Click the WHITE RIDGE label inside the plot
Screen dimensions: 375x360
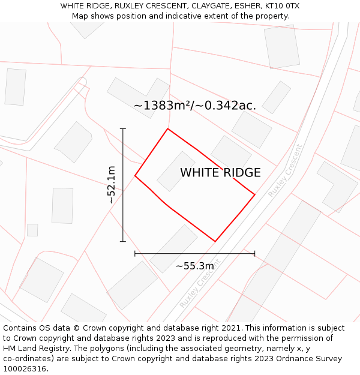[220, 173]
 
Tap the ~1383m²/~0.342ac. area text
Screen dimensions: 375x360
[195, 106]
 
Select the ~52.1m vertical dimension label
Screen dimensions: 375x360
[112, 185]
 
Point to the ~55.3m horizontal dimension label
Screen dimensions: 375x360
[194, 266]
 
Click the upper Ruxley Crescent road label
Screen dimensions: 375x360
[285, 171]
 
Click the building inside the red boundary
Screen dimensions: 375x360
[176, 171]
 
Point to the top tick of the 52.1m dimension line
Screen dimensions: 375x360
[123, 129]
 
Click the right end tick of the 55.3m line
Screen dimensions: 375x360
[254, 254]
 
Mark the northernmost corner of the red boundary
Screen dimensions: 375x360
[167, 129]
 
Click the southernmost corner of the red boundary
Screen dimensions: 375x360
[215, 241]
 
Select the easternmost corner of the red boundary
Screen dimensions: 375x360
[254, 195]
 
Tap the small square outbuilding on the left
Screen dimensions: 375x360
[32, 230]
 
